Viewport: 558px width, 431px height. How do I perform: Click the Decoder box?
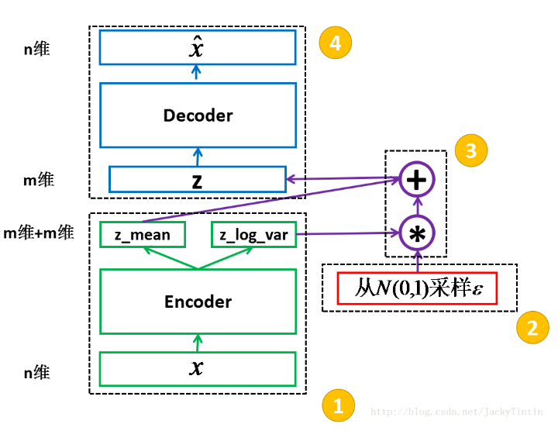198,116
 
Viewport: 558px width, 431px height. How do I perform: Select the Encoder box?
198,302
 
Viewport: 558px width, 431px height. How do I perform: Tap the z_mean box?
142,235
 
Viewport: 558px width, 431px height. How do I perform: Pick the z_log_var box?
253,235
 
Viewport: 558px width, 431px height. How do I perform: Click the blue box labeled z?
198,179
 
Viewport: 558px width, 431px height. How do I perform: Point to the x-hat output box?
198,47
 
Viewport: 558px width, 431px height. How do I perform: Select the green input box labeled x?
198,368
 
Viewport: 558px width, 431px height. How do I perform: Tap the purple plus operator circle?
417,181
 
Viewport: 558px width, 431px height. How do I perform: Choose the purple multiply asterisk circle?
417,232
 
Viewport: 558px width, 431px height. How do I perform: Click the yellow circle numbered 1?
338,405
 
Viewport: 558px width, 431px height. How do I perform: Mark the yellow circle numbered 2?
532,328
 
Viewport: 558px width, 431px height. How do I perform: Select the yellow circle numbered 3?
471,150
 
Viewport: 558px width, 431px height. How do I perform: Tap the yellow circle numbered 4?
335,43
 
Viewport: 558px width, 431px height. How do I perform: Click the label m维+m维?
39,232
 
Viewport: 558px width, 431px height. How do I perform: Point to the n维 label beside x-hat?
37,49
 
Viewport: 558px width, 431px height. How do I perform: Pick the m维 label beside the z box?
38,180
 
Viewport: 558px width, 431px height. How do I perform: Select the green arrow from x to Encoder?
198,343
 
